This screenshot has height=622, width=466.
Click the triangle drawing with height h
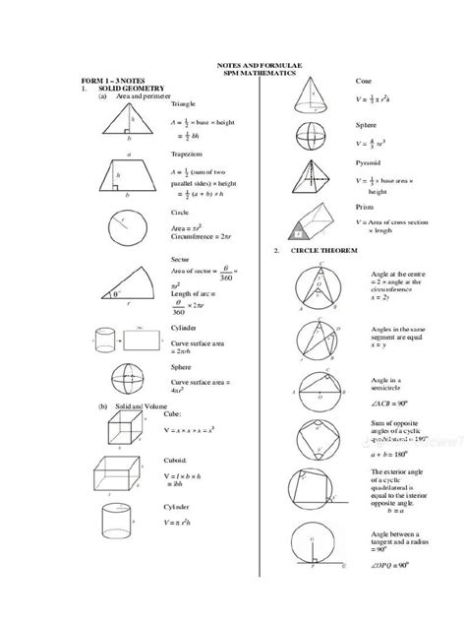click(130, 124)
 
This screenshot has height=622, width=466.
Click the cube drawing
click(130, 433)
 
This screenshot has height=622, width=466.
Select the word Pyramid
click(369, 161)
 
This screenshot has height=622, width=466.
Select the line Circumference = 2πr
click(202, 237)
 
